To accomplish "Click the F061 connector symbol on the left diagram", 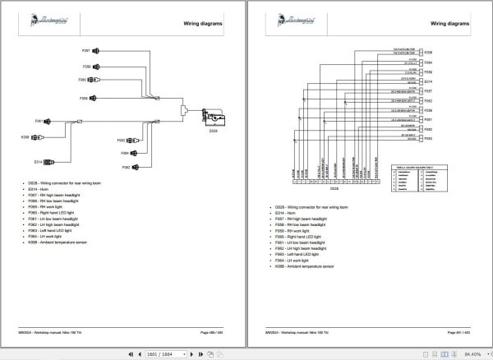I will [x=49, y=121].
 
